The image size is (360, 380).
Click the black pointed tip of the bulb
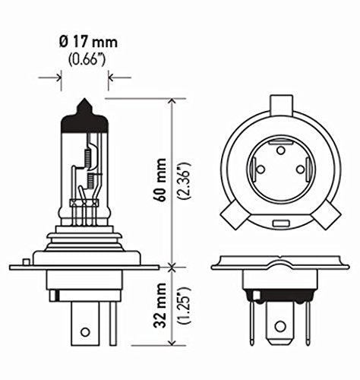pyautogui.click(x=84, y=109)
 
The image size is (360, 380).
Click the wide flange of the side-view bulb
pyautogui.click(x=84, y=267)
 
